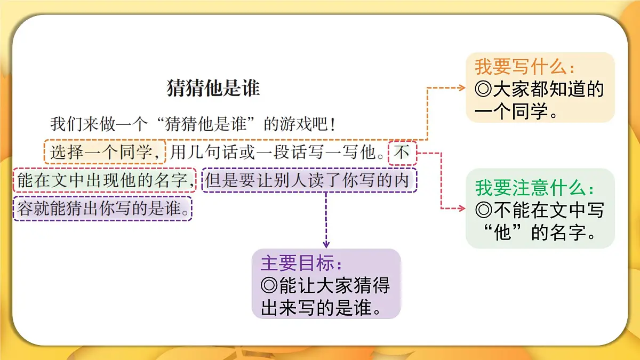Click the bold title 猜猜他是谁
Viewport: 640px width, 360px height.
213,89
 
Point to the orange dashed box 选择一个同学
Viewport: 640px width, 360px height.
105,153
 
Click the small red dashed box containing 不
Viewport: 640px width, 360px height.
402,153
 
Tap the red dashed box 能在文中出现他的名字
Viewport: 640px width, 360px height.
105,181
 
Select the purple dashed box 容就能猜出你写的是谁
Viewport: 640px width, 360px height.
102,209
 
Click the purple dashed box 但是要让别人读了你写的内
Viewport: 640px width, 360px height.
309,181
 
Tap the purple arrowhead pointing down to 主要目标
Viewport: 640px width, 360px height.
326,244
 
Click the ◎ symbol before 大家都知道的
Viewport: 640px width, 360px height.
483,90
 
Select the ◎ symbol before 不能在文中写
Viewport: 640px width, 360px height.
483,211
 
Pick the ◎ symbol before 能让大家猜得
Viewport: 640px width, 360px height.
269,286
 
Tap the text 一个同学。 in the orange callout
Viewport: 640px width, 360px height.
516,112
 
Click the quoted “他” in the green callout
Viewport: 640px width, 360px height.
503,233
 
